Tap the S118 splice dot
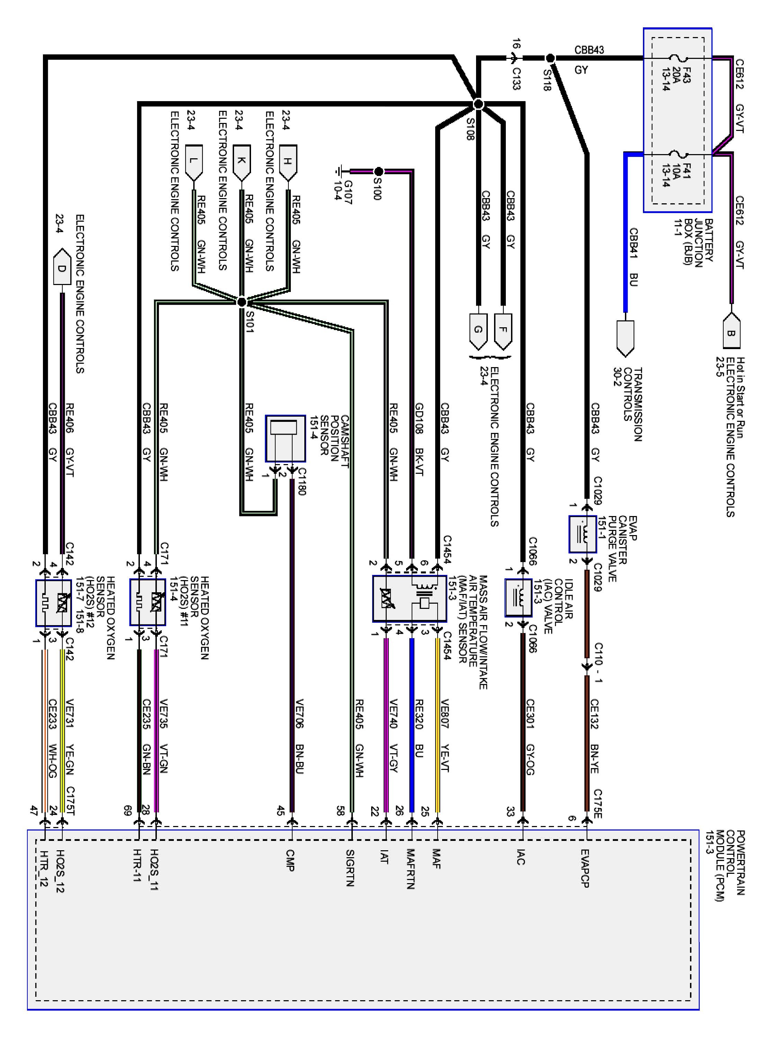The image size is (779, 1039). tap(550, 58)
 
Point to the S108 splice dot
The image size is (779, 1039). tap(478, 104)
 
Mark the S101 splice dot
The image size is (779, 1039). tap(241, 301)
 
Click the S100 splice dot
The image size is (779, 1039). tap(378, 171)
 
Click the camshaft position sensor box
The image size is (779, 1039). tap(285, 438)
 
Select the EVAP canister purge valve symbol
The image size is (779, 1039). tap(582, 534)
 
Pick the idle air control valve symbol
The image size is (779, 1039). tap(518, 597)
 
